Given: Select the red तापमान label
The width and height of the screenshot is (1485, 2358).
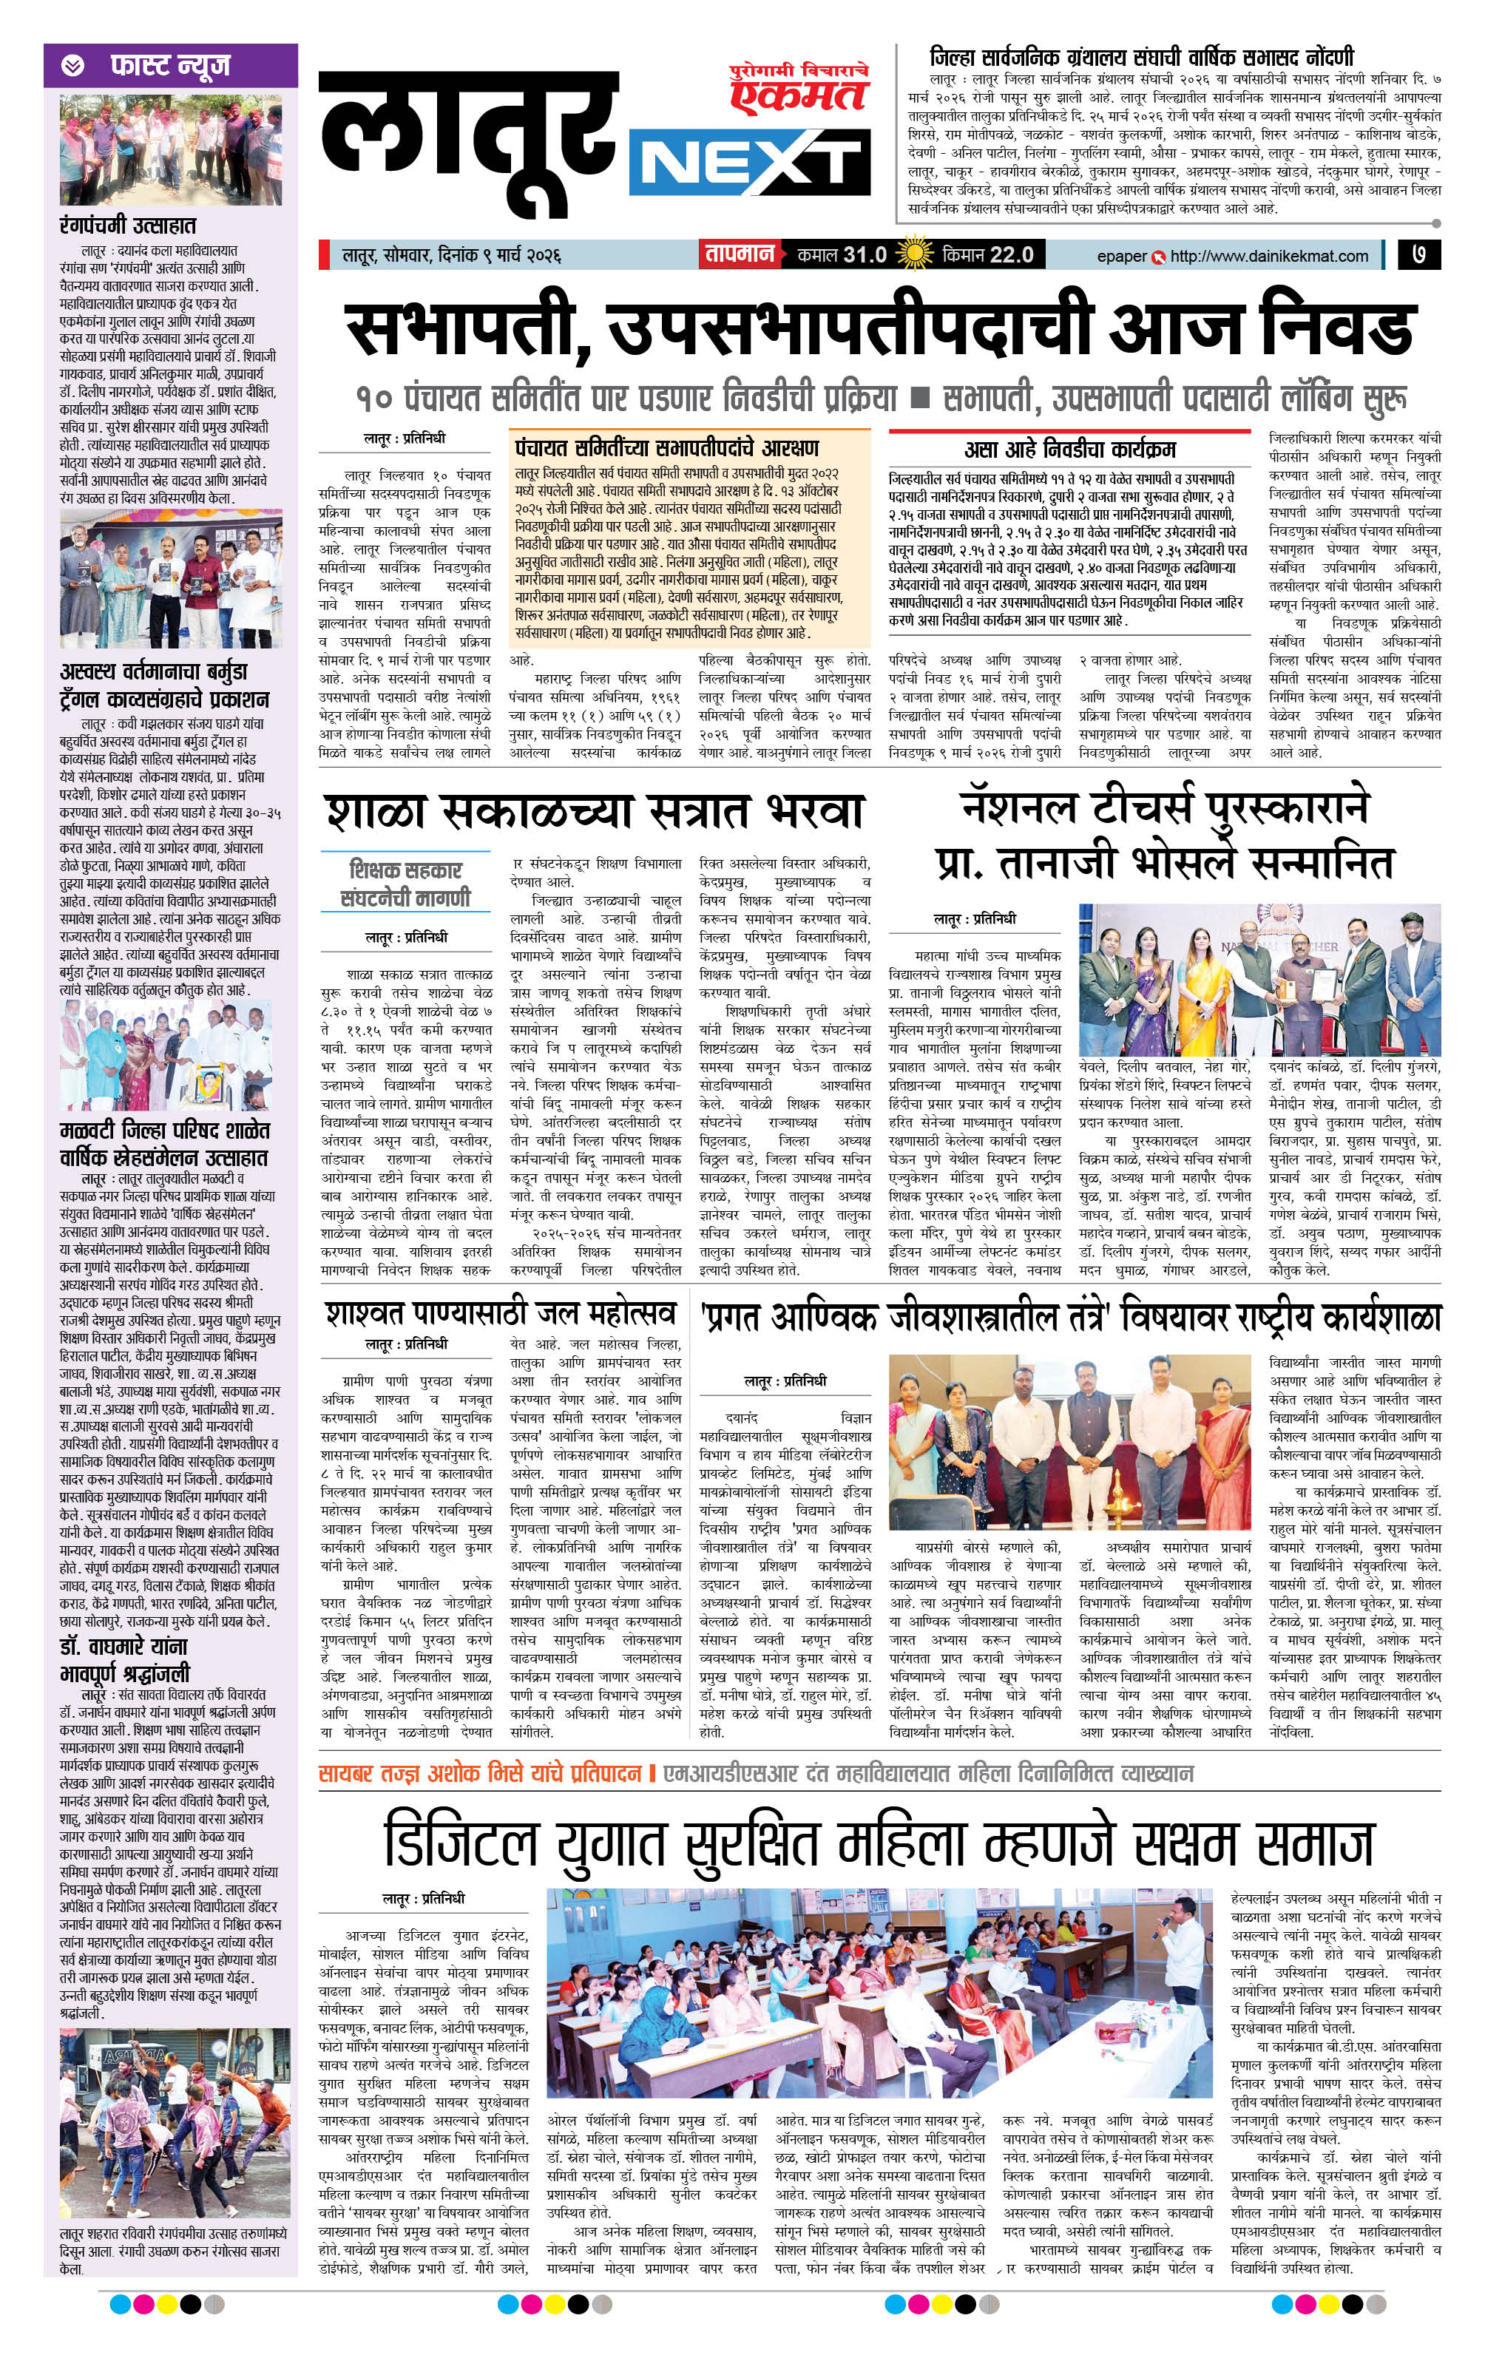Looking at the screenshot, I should [737, 254].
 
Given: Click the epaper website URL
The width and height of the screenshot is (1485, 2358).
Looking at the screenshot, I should [1268, 256].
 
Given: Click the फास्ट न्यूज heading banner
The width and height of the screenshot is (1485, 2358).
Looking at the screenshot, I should [170, 66].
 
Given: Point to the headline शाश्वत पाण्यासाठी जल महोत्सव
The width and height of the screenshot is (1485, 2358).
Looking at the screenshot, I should [501, 1314].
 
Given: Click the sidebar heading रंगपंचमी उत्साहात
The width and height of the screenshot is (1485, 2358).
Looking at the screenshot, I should [127, 226].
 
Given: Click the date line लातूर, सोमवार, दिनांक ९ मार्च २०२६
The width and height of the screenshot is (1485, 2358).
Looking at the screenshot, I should [450, 256].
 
